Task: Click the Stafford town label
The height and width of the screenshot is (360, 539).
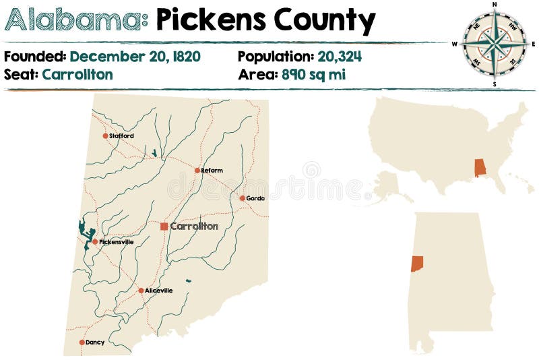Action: (x=122, y=136)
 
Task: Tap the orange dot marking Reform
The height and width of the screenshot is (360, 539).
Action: (x=197, y=171)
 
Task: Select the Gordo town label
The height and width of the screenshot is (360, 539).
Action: (x=256, y=198)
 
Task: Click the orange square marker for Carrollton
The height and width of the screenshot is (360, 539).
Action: (x=164, y=227)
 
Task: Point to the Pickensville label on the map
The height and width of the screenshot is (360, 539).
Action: (x=117, y=242)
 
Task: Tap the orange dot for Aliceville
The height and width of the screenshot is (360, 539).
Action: (x=141, y=291)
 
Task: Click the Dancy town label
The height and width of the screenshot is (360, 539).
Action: (x=96, y=342)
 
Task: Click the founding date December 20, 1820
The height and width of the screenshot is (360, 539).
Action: (x=135, y=57)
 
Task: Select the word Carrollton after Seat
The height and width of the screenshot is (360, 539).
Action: (x=77, y=74)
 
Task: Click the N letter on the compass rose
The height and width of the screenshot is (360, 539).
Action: (x=495, y=4)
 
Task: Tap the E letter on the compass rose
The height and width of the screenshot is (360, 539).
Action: (x=533, y=44)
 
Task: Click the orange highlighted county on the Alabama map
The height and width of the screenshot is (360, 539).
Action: (x=417, y=264)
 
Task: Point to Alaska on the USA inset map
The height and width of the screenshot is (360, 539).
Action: (x=390, y=185)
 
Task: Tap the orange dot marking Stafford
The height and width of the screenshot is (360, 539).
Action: (x=105, y=136)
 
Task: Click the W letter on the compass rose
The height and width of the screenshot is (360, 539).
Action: (x=455, y=44)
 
